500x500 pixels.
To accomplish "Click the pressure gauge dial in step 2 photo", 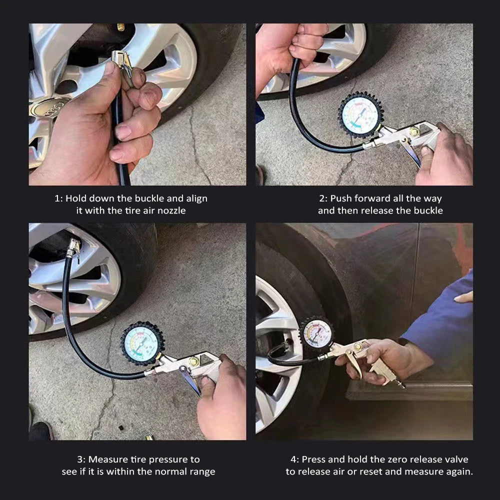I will tap(360, 115).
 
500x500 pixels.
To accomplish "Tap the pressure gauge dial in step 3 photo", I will tap(143, 343).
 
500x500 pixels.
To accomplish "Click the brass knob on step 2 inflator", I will tap(414, 132).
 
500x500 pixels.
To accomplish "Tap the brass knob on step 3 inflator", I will tap(193, 361).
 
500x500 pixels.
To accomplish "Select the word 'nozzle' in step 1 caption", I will tap(171, 210).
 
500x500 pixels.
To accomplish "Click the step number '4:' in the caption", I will tap(295, 459).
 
